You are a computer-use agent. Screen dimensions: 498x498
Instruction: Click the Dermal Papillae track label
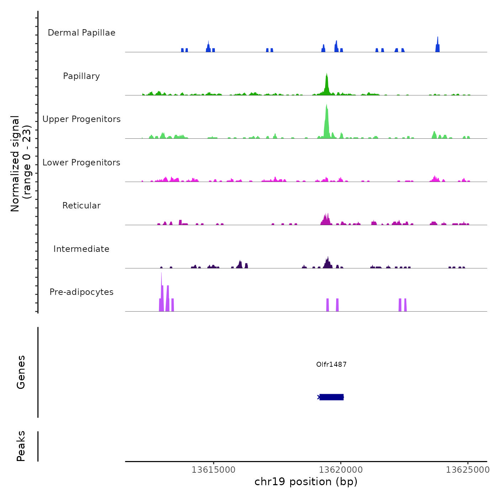(81, 33)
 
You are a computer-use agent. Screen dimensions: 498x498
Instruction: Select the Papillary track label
(81, 76)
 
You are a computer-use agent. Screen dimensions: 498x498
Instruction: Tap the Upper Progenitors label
(81, 119)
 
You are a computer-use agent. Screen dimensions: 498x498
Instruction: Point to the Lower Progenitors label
(81, 163)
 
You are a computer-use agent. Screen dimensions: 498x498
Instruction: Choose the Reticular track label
(81, 206)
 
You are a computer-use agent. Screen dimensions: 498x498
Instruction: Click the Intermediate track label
(81, 249)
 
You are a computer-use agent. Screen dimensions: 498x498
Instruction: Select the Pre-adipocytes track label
(81, 292)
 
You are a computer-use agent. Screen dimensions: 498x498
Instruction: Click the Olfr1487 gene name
(331, 364)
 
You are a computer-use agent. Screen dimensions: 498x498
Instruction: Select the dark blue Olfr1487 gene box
(332, 397)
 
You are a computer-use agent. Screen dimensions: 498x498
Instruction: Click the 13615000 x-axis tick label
(213, 470)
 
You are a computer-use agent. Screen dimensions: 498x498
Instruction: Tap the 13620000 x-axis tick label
(341, 470)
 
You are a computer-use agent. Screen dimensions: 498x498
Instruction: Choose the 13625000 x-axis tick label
(468, 470)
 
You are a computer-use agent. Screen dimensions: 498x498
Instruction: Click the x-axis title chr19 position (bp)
(306, 482)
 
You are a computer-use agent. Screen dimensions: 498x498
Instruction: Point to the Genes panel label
(21, 372)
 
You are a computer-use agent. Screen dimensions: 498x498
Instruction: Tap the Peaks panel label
(21, 446)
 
